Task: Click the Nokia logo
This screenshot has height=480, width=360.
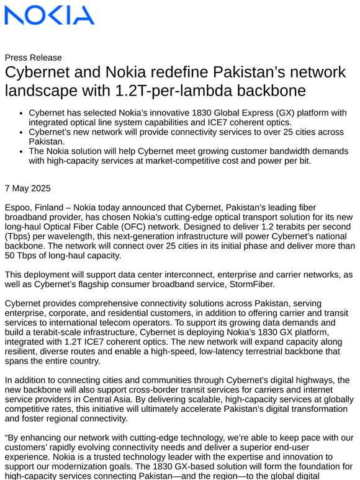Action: [50, 16]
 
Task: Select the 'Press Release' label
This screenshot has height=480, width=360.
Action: [33, 58]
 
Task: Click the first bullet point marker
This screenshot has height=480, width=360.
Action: [22, 113]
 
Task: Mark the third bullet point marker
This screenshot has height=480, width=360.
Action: [22, 151]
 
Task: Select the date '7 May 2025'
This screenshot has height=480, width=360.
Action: [28, 188]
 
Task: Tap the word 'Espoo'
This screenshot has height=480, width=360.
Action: [18, 207]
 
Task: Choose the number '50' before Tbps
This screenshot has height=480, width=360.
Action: [11, 256]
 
